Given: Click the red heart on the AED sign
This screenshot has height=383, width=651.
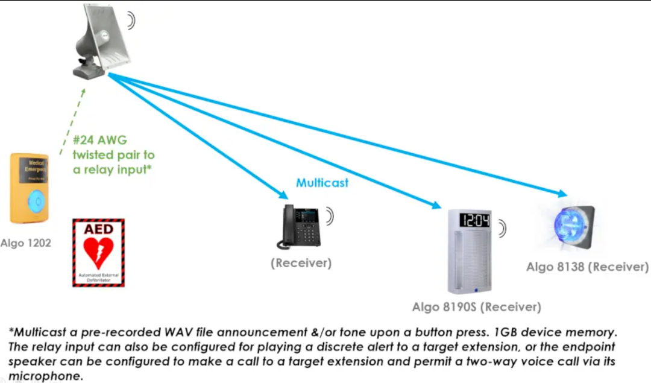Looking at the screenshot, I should coord(98,252).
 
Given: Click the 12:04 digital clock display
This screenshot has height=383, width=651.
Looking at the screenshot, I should coord(474,221).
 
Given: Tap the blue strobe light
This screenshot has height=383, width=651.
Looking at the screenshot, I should coord(570,225).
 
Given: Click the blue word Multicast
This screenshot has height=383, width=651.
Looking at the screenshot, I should coord(322,183).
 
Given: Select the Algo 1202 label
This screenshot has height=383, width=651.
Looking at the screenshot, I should coord(26,243).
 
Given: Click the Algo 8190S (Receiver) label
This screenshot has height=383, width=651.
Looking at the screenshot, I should coord(476,307).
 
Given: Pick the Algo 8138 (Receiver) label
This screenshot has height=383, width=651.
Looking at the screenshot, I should coord(587,267).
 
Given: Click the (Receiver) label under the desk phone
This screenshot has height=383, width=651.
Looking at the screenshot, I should coord(301,264).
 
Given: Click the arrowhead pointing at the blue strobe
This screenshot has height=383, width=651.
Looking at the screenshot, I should coord(561,194).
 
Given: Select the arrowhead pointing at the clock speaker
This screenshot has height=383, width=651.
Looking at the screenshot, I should coord(436,205).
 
